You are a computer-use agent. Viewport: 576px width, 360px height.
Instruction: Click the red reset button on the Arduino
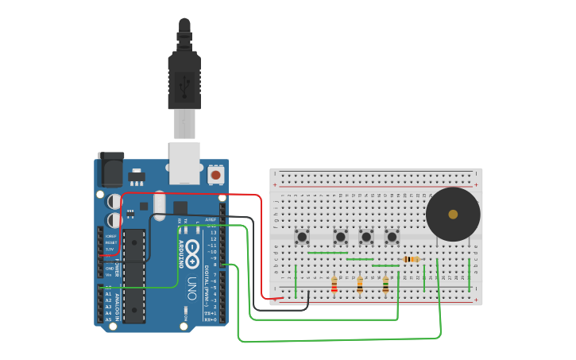pos(215,173)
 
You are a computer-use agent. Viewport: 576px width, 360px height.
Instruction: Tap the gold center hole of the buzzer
pos(453,214)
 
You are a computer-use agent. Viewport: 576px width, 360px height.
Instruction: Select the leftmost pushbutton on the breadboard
pos(302,236)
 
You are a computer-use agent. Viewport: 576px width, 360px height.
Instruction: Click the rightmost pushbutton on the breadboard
pos(392,236)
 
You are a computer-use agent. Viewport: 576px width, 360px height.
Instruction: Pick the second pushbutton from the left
pos(340,236)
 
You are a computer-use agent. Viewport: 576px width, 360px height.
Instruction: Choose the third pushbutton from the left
pos(366,236)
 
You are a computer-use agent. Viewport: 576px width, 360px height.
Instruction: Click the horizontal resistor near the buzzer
pos(411,259)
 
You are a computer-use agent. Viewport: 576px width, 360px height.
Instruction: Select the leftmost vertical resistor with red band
pos(334,284)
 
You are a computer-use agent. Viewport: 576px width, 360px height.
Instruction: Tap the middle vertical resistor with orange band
pos(360,284)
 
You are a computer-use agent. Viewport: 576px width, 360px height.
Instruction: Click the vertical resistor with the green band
pos(385,284)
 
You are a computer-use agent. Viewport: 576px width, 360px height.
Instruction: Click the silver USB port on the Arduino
pos(184,162)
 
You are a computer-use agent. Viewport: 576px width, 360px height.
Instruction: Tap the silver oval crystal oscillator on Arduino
pos(159,205)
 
